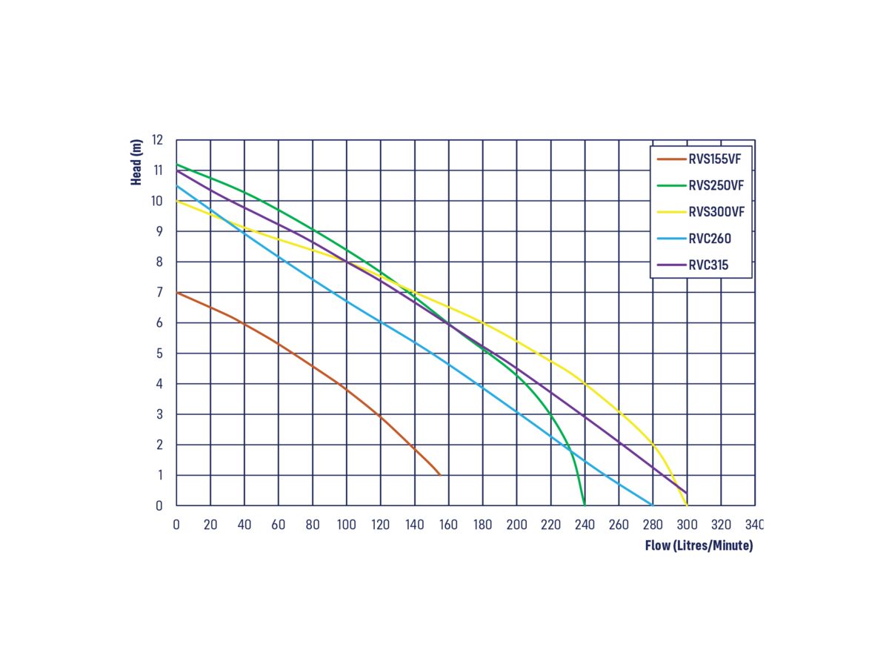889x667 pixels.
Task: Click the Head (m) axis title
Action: (x=136, y=162)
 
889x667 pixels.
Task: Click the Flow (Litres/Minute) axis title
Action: (x=699, y=546)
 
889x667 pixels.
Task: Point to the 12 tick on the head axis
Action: (x=157, y=139)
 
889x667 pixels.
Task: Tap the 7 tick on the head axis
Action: (x=158, y=292)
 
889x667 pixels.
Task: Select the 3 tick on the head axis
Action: (x=158, y=414)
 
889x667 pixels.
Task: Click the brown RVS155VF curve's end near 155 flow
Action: (x=440, y=475)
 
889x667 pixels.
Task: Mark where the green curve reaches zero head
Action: (x=585, y=505)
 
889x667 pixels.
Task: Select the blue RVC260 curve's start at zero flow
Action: (x=177, y=185)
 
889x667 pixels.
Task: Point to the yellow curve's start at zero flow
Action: (x=177, y=201)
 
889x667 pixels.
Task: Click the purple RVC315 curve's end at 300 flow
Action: (x=687, y=493)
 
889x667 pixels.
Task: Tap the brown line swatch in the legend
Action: (x=670, y=159)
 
